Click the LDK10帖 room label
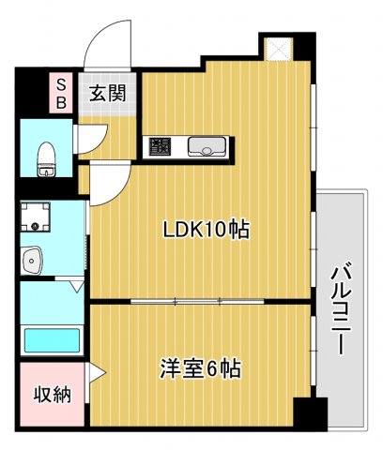pyautogui.click(x=207, y=229)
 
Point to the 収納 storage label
pyautogui.click(x=54, y=395)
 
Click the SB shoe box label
pyautogui.click(x=61, y=93)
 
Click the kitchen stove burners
pyautogui.click(x=159, y=146)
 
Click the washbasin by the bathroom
pyautogui.click(x=32, y=259)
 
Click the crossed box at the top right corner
pyautogui.click(x=279, y=49)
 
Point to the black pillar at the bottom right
pyautogui.click(x=309, y=413)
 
